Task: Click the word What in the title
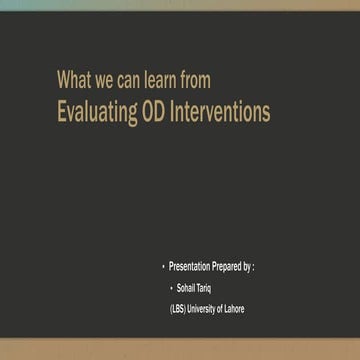pos(75,80)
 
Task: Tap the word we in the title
pos(108,80)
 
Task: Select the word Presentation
pos(190,267)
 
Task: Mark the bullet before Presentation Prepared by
pos(163,267)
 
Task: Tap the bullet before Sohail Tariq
pos(170,288)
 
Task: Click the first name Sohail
pos(187,288)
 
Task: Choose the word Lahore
pos(233,309)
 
